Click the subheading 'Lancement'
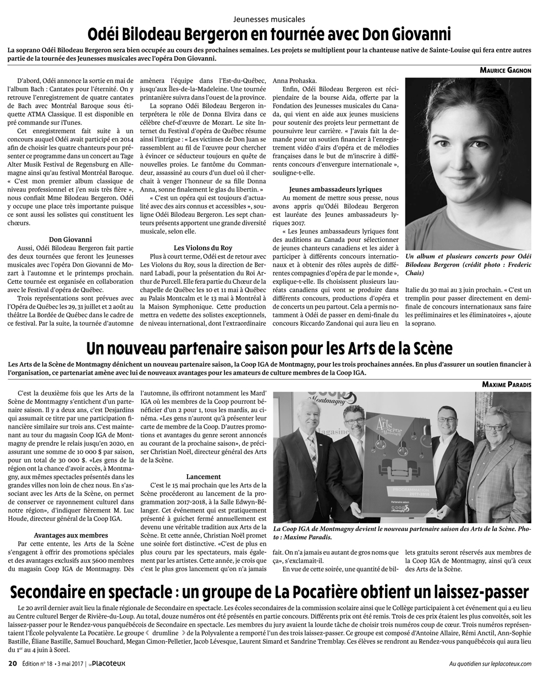tap(204, 476)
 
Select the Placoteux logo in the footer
tap(108, 663)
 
